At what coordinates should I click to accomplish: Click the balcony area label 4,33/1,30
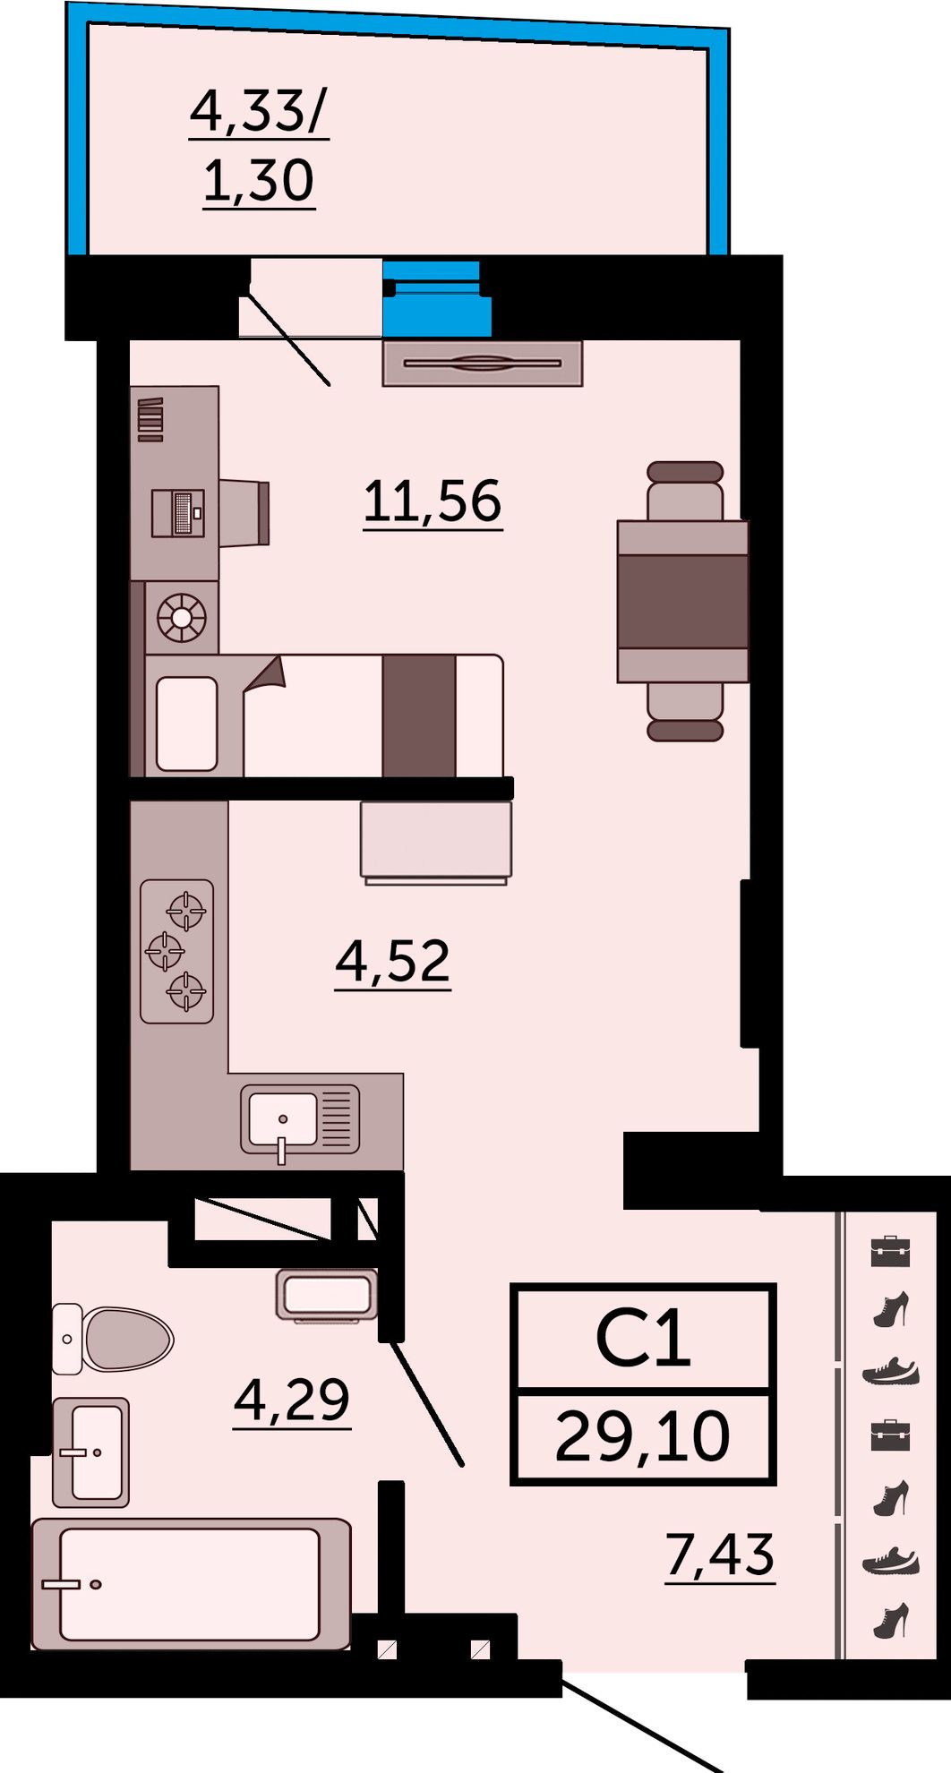(x=259, y=147)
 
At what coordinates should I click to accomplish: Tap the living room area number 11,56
(x=433, y=501)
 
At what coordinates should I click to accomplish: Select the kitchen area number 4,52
(x=392, y=962)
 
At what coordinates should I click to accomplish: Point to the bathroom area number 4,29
(x=292, y=1400)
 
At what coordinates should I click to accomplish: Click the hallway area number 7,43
(x=720, y=1555)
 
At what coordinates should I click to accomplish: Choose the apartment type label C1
(x=643, y=1340)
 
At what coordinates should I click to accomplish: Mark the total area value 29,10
(x=642, y=1436)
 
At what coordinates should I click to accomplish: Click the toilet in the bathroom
(x=113, y=1339)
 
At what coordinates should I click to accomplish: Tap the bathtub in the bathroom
(x=191, y=1583)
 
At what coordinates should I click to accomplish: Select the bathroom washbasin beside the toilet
(x=90, y=1452)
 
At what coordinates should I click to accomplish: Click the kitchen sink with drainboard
(x=300, y=1119)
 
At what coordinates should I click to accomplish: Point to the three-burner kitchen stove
(x=177, y=951)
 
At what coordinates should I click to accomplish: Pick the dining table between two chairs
(x=682, y=601)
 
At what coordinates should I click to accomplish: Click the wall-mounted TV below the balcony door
(x=483, y=364)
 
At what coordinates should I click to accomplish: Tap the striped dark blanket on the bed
(x=419, y=715)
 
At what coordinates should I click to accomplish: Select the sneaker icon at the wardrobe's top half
(x=891, y=1372)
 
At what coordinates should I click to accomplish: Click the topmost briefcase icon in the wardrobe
(x=890, y=1250)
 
